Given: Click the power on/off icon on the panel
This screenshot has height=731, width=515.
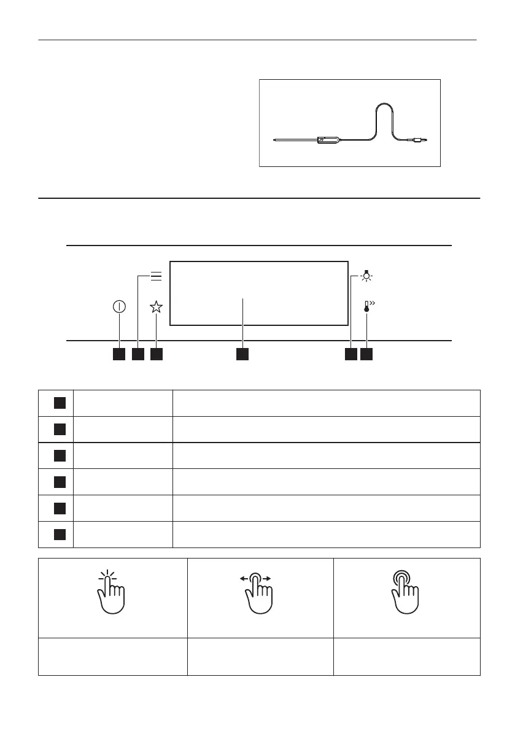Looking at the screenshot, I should [x=119, y=307].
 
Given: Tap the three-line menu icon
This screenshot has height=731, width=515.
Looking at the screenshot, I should [x=156, y=276].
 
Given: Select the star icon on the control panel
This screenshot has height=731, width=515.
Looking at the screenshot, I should [x=156, y=307].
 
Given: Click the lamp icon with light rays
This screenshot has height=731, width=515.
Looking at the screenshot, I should [x=367, y=276].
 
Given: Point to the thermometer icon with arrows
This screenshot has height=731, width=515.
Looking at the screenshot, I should [x=368, y=307].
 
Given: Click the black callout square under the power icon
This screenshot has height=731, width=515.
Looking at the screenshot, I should [x=119, y=354].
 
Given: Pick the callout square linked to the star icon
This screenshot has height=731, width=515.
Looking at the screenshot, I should [x=156, y=354].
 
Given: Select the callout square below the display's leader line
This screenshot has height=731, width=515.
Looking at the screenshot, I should [x=242, y=354].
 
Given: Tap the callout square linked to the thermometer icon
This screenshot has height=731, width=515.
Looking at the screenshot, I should [x=367, y=354].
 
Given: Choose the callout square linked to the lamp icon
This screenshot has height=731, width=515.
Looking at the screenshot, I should [x=350, y=354].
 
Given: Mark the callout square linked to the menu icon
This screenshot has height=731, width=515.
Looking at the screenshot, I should [x=137, y=354].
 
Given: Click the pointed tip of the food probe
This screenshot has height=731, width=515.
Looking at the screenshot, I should [x=274, y=141].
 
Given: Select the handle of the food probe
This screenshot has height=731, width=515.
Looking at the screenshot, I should [x=329, y=141].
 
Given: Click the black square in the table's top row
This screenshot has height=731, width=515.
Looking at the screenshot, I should [x=59, y=403].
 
